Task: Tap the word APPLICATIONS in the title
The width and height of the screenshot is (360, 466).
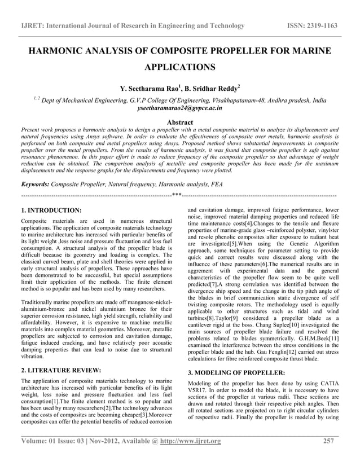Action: coord(180,68)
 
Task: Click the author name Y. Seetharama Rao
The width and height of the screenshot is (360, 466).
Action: coord(147,89)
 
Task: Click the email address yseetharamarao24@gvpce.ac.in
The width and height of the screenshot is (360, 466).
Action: coord(180,107)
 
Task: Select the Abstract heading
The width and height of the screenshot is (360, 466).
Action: coord(180,122)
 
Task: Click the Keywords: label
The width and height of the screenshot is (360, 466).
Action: coord(34,183)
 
